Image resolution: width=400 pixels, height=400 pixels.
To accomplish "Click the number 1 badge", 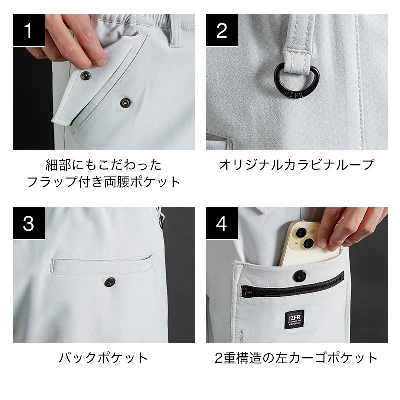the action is tap(29, 30).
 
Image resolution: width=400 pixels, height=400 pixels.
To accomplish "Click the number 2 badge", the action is tap(222, 30).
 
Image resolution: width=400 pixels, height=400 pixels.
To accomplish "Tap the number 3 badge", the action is tap(29, 223).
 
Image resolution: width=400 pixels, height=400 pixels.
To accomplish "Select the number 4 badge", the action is tap(222, 223).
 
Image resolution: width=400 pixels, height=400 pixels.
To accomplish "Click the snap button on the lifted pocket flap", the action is tap(85, 75).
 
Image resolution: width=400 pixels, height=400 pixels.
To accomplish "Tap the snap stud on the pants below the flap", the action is tap(124, 103).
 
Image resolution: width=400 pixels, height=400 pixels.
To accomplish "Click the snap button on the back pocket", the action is tap(110, 282).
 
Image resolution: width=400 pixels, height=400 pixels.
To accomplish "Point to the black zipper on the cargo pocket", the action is tap(292, 285).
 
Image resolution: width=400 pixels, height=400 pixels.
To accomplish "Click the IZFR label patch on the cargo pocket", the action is tap(294, 319).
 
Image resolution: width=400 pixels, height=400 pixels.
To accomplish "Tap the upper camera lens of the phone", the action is tap(301, 232).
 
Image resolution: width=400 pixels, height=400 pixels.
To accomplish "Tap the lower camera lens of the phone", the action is tap(309, 243).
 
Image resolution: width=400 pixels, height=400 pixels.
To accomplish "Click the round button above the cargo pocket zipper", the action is tap(300, 276).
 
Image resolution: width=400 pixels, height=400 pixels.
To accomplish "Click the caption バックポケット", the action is tap(103, 358).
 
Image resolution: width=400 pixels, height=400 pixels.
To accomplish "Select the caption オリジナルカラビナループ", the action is tap(296, 165).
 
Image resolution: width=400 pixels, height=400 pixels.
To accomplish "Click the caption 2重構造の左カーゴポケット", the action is tap(296, 358).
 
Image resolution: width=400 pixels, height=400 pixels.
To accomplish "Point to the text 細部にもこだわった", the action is tap(104, 165).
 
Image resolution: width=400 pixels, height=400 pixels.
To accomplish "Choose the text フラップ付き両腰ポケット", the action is tap(104, 182).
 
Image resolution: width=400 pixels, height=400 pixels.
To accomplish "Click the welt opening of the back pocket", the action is tap(103, 259).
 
